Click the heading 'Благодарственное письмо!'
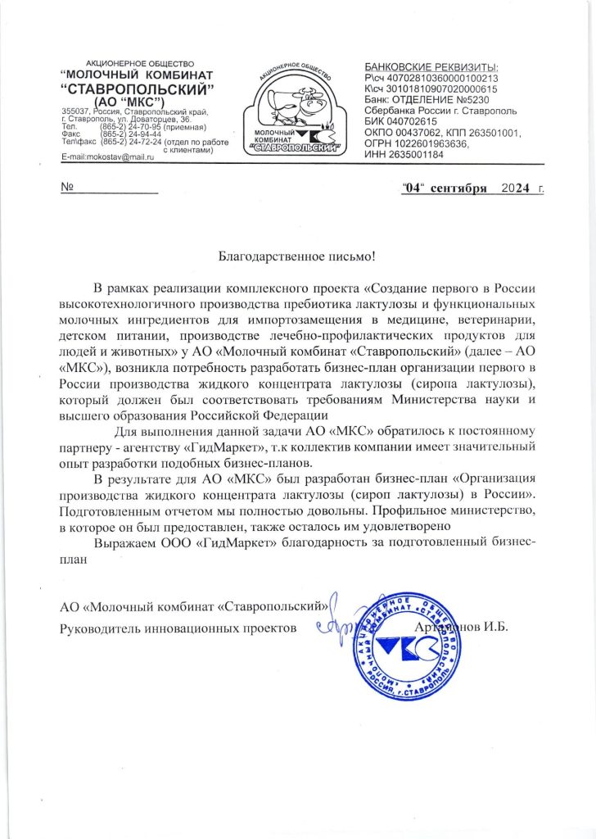pyautogui.click(x=296, y=256)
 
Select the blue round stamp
pyautogui.click(x=405, y=646)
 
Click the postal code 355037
pyautogui.click(x=74, y=111)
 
